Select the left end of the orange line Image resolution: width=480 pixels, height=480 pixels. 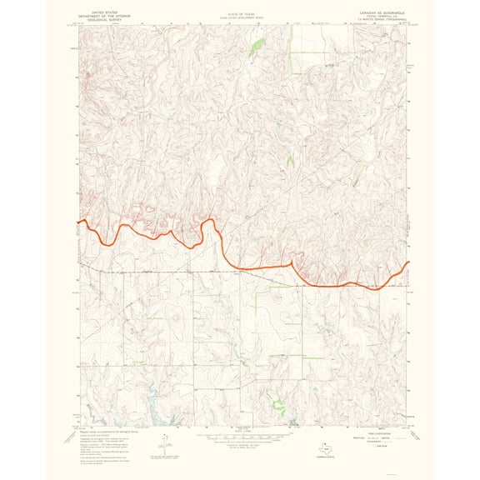(79, 222)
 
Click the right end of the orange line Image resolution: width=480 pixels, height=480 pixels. (408, 263)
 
